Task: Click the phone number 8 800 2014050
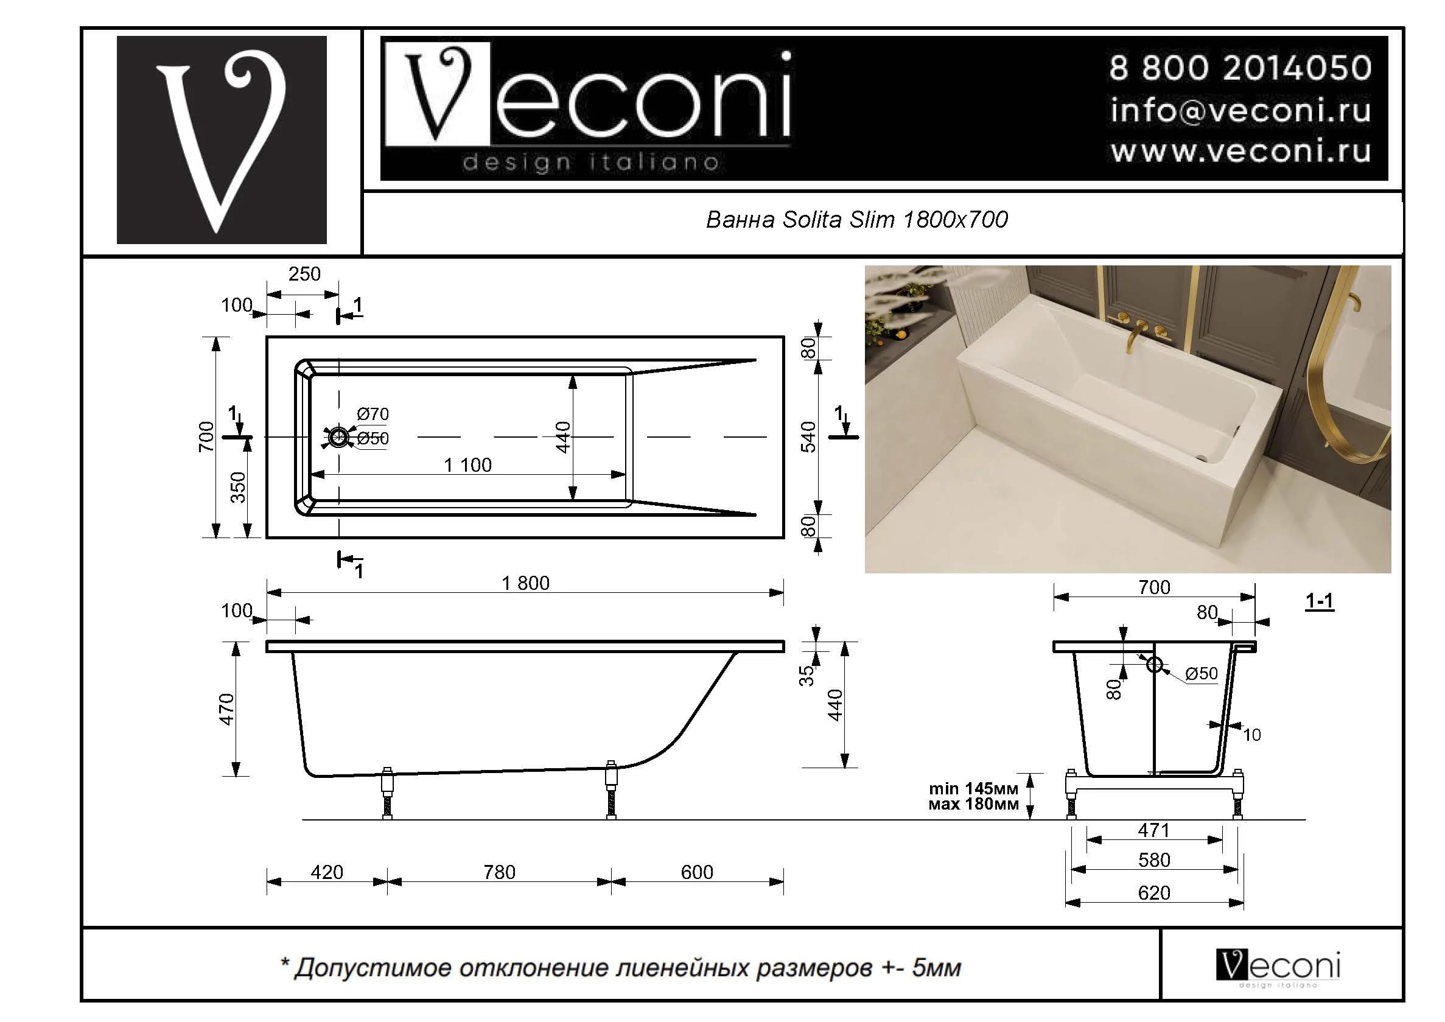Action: (1239, 68)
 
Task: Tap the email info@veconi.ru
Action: (1239, 111)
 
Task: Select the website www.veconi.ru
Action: (1239, 152)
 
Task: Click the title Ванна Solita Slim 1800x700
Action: (856, 220)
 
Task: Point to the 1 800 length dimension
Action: (525, 583)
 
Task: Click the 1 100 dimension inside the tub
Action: (467, 465)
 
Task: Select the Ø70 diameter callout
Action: (373, 414)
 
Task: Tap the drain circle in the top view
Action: (338, 437)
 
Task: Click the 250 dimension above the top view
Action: (304, 275)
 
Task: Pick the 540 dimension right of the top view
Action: (809, 437)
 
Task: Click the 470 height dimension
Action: (226, 709)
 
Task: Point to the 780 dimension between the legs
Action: (499, 872)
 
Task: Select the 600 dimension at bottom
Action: (697, 872)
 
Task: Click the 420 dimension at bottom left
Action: (327, 872)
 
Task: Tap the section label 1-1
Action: (1319, 601)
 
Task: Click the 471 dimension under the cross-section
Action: (1153, 831)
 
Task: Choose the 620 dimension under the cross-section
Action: (1153, 893)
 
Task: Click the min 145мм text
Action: (973, 788)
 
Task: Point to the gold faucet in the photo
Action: (1136, 334)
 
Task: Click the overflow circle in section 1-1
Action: (1154, 664)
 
